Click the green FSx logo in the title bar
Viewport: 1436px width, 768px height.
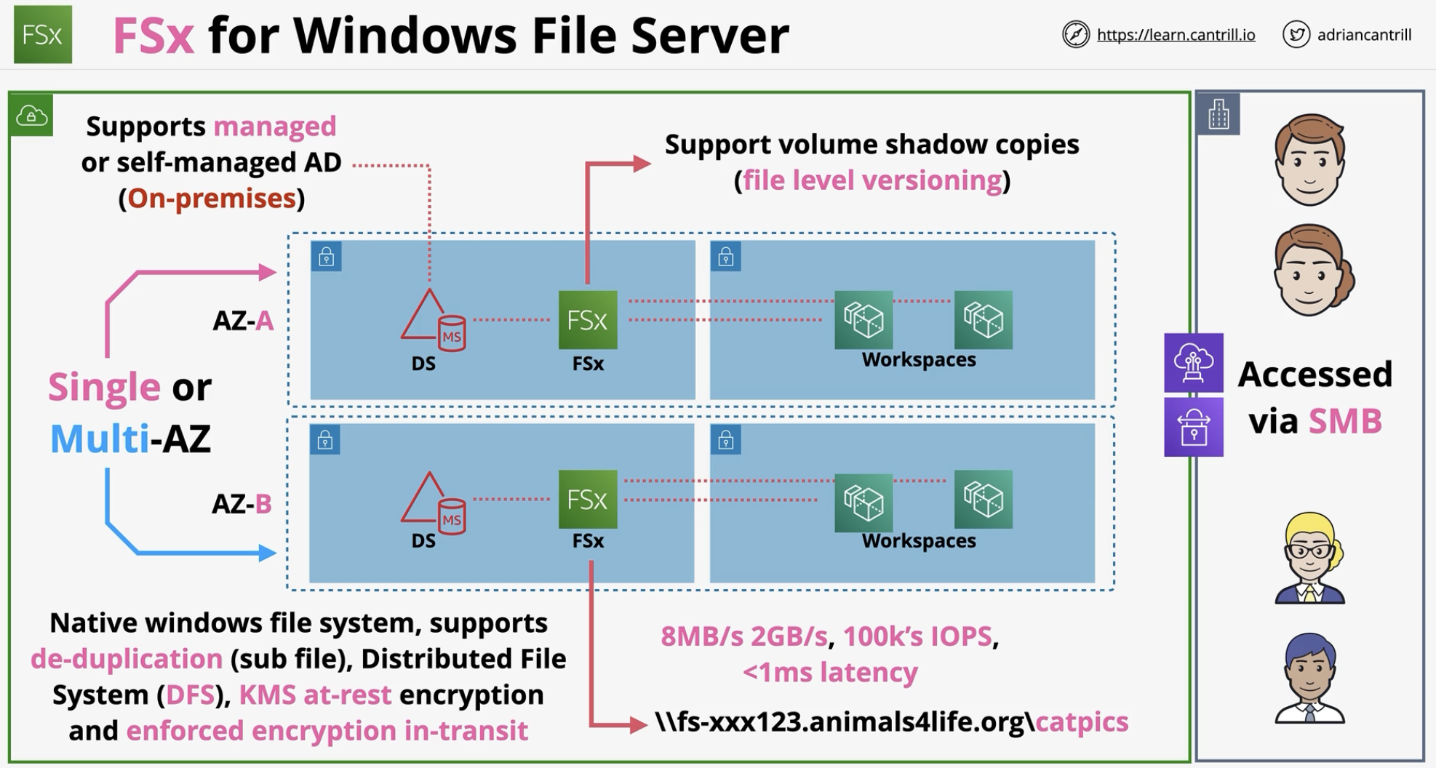pyautogui.click(x=42, y=34)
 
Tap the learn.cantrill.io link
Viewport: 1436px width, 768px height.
pyautogui.click(x=1176, y=35)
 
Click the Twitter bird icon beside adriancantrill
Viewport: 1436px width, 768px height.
pyautogui.click(x=1296, y=34)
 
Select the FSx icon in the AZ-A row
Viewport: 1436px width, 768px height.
pyautogui.click(x=588, y=320)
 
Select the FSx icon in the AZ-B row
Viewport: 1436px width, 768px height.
pyautogui.click(x=588, y=499)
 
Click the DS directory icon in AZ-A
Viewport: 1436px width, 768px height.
pyautogui.click(x=433, y=321)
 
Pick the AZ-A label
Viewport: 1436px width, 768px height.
pyautogui.click(x=243, y=321)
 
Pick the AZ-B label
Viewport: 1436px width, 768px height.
pyautogui.click(x=242, y=503)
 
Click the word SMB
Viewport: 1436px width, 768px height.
pyautogui.click(x=1345, y=421)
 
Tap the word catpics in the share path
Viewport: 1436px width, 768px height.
pyautogui.click(x=1082, y=721)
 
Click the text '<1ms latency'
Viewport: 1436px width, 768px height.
pyautogui.click(x=830, y=671)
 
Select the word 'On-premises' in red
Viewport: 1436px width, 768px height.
pyautogui.click(x=212, y=198)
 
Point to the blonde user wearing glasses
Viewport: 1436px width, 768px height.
pyautogui.click(x=1309, y=558)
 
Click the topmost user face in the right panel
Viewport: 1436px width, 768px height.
pyautogui.click(x=1309, y=159)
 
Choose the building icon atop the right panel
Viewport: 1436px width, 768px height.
pyautogui.click(x=1218, y=114)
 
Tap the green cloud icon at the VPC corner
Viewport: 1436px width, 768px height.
pyautogui.click(x=31, y=115)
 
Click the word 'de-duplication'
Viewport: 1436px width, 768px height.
pyautogui.click(x=127, y=658)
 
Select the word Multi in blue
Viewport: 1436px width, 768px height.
pyautogui.click(x=100, y=439)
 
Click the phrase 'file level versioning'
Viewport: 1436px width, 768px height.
pyautogui.click(x=872, y=180)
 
